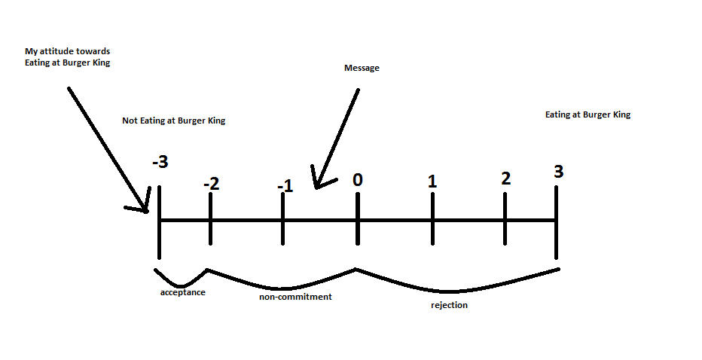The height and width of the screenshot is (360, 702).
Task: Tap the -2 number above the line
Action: (x=211, y=183)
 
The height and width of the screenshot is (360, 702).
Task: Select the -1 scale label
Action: (x=284, y=185)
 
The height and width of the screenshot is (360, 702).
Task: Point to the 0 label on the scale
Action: (x=358, y=179)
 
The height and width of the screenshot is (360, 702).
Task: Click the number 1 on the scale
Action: (x=432, y=181)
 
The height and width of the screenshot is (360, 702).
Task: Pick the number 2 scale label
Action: (x=505, y=178)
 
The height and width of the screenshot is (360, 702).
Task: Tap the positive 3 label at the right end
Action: (x=557, y=171)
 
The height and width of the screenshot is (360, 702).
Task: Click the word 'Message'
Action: (x=362, y=69)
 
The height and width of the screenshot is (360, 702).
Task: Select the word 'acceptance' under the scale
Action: (x=182, y=292)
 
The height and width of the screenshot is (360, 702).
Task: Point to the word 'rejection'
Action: (x=449, y=305)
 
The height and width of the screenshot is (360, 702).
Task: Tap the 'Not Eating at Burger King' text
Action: (x=173, y=121)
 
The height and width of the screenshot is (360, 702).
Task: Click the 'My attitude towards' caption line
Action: (x=67, y=51)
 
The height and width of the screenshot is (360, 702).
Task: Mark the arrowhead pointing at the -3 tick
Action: (x=143, y=207)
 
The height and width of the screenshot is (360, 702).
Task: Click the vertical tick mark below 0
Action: (x=358, y=220)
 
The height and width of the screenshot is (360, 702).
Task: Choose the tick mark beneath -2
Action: (x=210, y=220)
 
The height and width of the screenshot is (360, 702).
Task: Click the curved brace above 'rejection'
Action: (x=452, y=289)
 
